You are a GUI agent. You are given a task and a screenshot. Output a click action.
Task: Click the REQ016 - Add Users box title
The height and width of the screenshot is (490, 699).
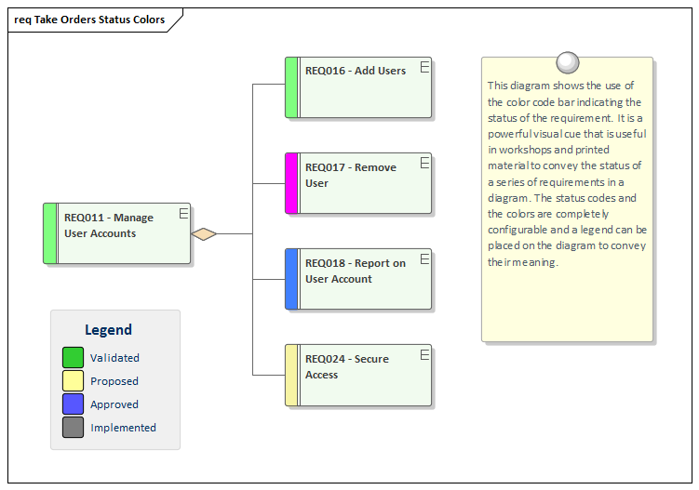356,71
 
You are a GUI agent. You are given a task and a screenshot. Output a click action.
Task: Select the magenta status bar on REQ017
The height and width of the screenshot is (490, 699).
291,183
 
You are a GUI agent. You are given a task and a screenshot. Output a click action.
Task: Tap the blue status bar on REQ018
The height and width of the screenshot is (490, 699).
291,279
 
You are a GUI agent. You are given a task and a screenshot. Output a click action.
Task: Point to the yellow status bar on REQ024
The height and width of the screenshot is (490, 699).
291,375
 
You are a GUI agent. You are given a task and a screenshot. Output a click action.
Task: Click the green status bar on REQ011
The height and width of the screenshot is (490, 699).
50,233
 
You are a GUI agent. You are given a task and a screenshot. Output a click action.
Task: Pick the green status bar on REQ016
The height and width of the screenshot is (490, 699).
291,87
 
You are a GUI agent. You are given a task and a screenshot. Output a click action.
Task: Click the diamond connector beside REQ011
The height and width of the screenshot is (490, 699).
204,233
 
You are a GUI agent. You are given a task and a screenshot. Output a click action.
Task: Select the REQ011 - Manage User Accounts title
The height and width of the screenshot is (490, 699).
108,225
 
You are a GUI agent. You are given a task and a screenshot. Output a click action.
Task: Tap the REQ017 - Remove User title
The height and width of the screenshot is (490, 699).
350,175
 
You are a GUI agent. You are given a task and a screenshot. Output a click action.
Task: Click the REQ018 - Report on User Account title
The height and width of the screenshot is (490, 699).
355,271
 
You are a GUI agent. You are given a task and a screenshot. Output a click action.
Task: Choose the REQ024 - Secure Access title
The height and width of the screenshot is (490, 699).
346,366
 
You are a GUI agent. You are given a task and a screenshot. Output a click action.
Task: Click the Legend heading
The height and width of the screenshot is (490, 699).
108,329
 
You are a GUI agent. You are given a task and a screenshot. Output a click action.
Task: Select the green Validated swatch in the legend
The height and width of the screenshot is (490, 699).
74,357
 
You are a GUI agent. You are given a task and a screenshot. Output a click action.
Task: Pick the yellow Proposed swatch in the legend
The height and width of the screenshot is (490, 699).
74,380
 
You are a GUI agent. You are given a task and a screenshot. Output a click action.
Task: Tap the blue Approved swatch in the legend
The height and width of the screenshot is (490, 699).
74,404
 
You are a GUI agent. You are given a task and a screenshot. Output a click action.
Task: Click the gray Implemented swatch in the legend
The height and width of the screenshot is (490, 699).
74,428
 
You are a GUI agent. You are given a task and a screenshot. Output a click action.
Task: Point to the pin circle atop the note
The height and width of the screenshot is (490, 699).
567,62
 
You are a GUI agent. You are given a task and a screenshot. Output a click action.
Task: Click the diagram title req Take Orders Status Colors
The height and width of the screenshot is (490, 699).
89,20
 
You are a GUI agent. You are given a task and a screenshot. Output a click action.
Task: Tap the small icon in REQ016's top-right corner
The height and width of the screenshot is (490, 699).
424,66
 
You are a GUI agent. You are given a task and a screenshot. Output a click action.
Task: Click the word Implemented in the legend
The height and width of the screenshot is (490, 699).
123,428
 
